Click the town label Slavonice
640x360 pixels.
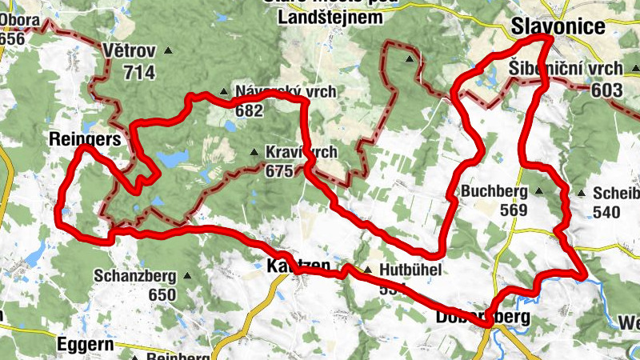pos(558,27)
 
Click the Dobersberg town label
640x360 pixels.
pos(482,317)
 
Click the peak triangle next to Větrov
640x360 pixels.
pos(168,51)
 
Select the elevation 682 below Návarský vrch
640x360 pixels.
pos(249,111)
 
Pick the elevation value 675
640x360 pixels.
pos(280,170)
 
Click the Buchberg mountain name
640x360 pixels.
pos(494,192)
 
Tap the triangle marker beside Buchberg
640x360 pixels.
pos(538,191)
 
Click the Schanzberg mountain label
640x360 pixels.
pos(134,276)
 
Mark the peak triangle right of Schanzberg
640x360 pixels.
pos(187,275)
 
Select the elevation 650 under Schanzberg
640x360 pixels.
pos(162,294)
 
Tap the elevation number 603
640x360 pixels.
pos(607,90)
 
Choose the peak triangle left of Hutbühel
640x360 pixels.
pos(367,270)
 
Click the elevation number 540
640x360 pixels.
pos(608,212)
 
